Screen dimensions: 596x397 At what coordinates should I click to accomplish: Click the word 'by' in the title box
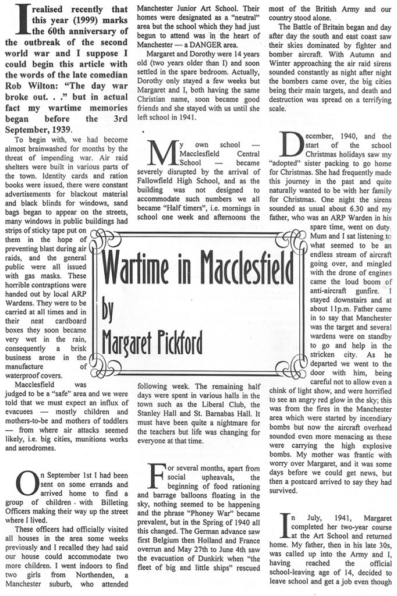point(107,310)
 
